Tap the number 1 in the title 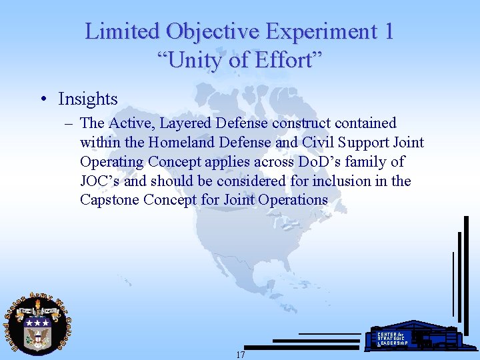point(387,31)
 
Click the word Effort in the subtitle point(290,61)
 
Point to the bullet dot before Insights point(43,99)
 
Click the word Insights point(88,99)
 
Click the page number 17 point(241,355)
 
